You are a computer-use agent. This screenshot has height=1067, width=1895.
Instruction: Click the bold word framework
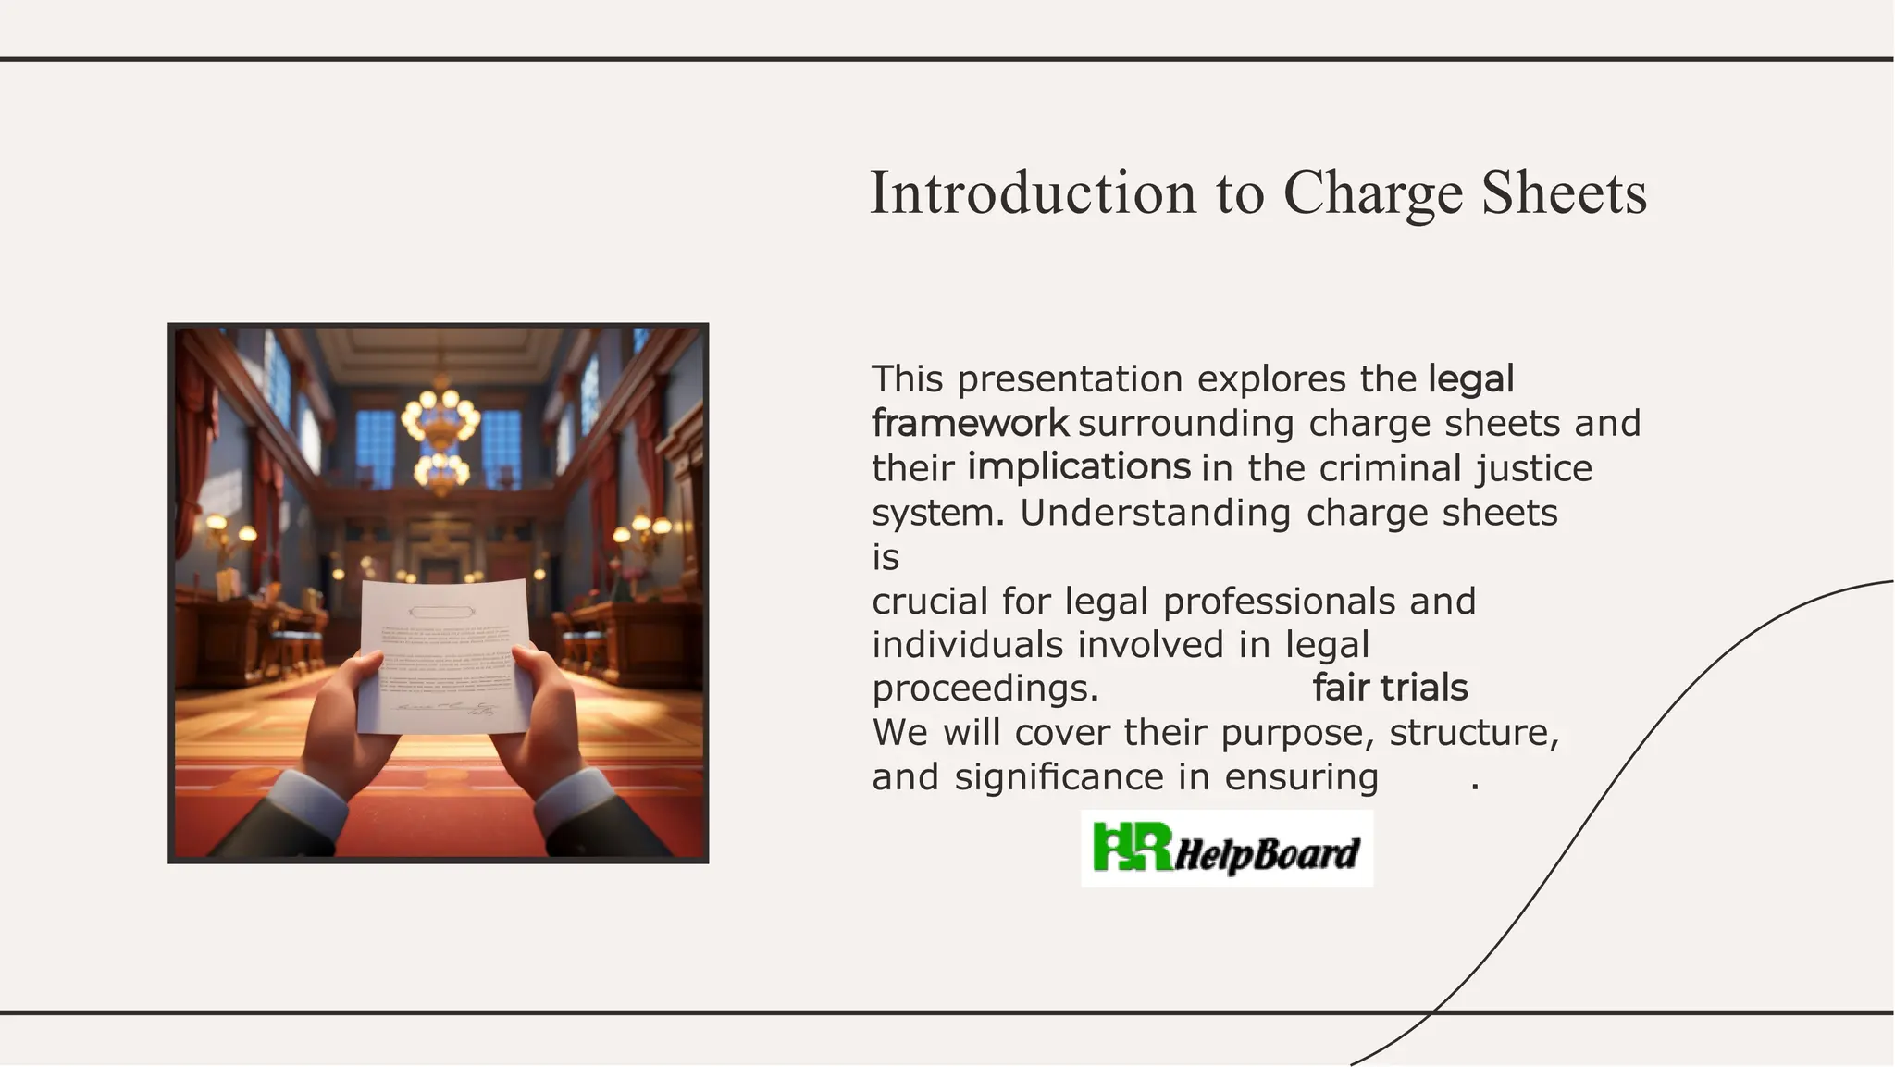(970, 423)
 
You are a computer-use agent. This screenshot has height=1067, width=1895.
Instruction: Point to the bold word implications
(1079, 466)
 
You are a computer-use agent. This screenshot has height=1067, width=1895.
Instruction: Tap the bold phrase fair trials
(1390, 688)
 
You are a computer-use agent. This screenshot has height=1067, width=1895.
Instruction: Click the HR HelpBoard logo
(1227, 849)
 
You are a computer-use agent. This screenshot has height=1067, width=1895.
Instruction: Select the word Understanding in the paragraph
(1155, 513)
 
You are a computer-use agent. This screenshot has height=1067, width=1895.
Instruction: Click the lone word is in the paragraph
(886, 558)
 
